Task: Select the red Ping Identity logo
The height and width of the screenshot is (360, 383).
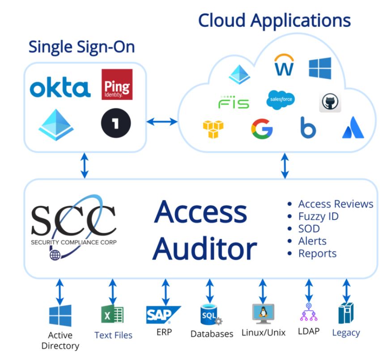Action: (117, 84)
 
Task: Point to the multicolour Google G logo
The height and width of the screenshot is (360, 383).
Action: (262, 129)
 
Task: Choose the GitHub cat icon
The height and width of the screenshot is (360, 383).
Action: (331, 103)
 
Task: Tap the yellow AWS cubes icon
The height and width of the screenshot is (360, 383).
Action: (213, 129)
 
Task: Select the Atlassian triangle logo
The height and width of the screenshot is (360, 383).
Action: (353, 129)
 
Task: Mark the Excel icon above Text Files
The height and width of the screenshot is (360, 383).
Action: (112, 314)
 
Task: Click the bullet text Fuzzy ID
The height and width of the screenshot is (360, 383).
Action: (318, 216)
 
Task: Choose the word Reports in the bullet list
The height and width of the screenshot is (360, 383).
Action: (317, 253)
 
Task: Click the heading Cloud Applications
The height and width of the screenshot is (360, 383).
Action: (274, 20)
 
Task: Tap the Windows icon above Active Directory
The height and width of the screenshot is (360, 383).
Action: (60, 315)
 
